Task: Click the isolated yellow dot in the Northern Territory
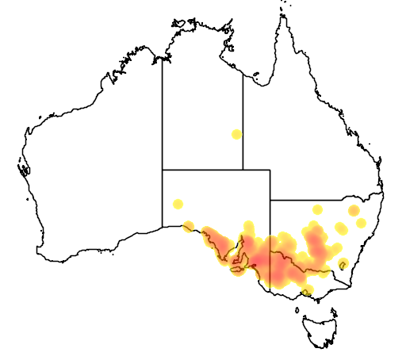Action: point(236,134)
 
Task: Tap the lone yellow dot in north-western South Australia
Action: point(178,204)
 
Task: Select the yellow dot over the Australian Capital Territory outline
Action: point(343,264)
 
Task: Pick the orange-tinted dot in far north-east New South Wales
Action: point(354,211)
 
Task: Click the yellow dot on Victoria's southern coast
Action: point(306,293)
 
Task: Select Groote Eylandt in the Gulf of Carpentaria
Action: point(256,77)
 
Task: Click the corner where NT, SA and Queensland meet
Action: point(243,170)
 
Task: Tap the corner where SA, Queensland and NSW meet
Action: point(270,200)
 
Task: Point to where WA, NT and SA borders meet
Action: point(163,170)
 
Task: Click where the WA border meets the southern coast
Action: point(163,228)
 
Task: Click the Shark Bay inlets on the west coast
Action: point(24,169)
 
